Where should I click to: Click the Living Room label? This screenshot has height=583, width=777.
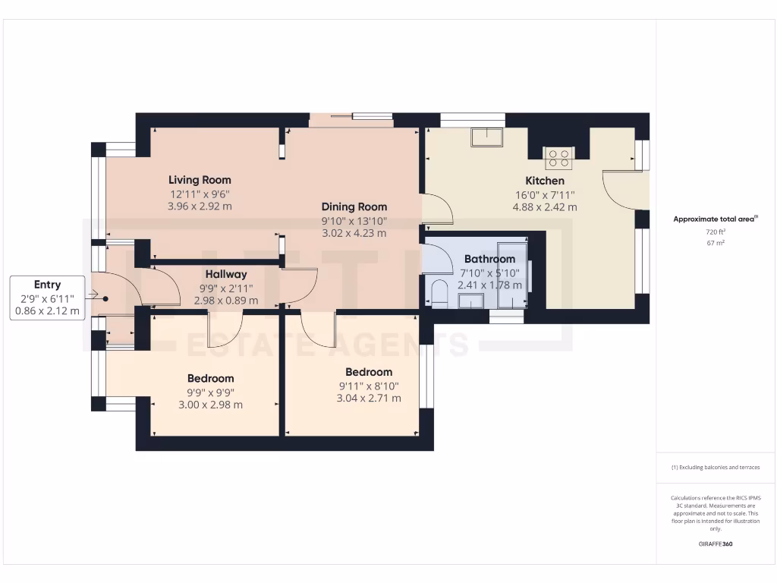[x=200, y=180]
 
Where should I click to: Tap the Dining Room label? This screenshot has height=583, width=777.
[x=354, y=206]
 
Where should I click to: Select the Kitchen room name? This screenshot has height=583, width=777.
[x=545, y=181]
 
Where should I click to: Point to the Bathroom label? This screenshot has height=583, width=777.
[x=489, y=259]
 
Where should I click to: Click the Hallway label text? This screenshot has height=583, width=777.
[x=225, y=274]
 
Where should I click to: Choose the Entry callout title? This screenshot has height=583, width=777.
[x=47, y=285]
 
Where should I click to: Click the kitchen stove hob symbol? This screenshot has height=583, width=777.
[x=559, y=158]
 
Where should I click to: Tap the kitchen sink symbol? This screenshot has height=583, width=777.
[x=486, y=137]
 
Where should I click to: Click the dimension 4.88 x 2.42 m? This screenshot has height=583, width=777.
[x=545, y=206]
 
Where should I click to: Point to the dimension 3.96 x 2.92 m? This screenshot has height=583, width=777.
[x=200, y=206]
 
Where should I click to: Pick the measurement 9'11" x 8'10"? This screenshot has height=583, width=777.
[x=369, y=386]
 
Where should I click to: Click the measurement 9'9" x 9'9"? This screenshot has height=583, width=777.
[x=210, y=392]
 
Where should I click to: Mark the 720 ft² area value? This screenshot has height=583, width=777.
[x=716, y=231]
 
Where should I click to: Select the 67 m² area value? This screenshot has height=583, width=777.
[x=716, y=243]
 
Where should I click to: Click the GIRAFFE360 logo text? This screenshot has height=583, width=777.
[x=716, y=544]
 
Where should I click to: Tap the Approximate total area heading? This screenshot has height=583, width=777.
[x=716, y=219]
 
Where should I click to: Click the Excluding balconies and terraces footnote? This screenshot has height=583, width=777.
[x=716, y=468]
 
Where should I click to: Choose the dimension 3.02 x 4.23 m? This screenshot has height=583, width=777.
[x=354, y=233]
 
